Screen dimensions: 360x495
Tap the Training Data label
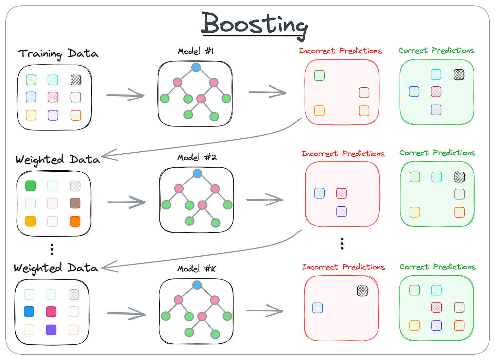click(x=58, y=54)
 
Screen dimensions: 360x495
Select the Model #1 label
click(x=196, y=51)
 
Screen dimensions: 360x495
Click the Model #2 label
click(x=197, y=157)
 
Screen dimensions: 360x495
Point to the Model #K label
click(x=197, y=269)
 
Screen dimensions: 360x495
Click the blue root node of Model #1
click(x=196, y=67)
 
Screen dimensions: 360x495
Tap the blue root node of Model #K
click(x=197, y=285)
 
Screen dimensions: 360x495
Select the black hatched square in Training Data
click(x=76, y=80)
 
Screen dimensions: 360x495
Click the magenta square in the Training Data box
click(x=53, y=97)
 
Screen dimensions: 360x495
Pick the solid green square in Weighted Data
click(x=31, y=186)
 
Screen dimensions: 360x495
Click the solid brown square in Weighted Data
click(x=75, y=203)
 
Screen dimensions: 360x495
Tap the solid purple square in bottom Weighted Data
click(x=51, y=330)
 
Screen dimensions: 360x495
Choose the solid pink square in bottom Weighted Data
click(x=51, y=311)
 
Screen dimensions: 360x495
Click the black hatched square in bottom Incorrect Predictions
click(x=363, y=291)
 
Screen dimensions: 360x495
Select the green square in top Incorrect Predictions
click(x=319, y=75)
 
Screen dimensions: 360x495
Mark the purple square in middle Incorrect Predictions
click(x=341, y=211)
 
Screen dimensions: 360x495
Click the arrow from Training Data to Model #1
click(x=125, y=95)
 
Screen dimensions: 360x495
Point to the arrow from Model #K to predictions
click(x=265, y=310)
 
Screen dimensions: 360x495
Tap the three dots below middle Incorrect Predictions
click(x=342, y=244)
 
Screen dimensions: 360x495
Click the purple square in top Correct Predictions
click(x=436, y=110)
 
